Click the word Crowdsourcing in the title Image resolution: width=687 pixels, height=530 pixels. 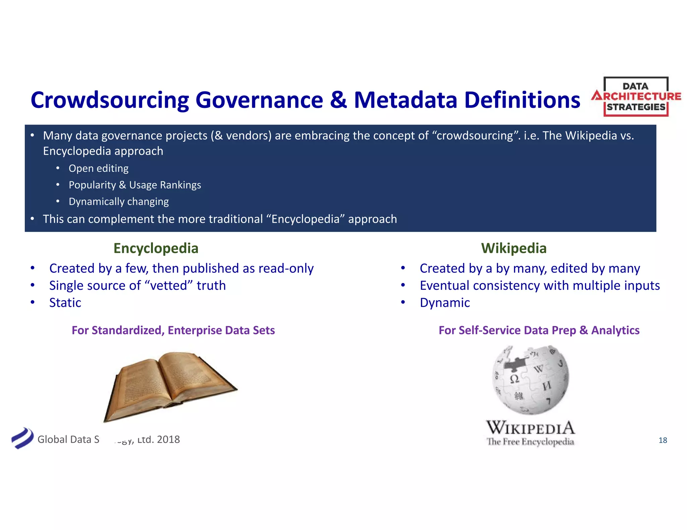(x=110, y=100)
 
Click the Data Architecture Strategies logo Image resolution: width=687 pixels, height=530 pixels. (x=636, y=97)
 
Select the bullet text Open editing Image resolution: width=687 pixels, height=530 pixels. (x=98, y=168)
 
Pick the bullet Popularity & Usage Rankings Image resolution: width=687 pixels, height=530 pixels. (x=135, y=185)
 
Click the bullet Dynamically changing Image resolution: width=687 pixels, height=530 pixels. (x=118, y=201)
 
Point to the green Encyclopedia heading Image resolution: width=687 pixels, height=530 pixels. (x=156, y=248)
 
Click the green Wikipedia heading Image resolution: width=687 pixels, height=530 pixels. (x=514, y=248)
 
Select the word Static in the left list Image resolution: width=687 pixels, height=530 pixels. (x=65, y=303)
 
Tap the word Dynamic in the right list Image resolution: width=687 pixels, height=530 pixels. (x=445, y=303)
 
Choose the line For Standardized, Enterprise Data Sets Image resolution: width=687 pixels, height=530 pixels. (x=173, y=330)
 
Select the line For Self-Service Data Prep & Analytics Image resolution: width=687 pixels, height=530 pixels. (x=539, y=330)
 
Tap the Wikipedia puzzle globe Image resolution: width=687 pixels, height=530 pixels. (x=531, y=380)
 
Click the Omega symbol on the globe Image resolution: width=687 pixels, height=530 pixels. (x=514, y=379)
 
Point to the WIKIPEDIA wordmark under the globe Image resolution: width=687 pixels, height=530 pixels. (x=530, y=428)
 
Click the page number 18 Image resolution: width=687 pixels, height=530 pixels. (x=663, y=440)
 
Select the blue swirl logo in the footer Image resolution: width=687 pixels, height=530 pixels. (x=22, y=438)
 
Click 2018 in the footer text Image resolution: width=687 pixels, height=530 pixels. (x=168, y=439)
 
